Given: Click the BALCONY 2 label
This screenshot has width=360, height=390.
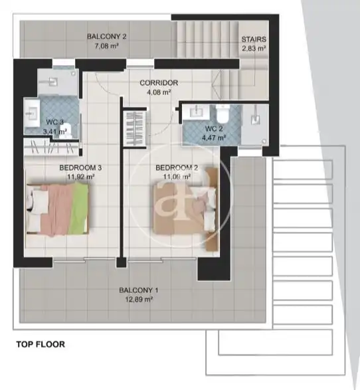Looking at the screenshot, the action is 107,37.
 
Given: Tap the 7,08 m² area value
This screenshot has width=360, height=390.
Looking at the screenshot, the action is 107,46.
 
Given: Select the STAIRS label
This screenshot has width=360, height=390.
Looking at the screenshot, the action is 254,39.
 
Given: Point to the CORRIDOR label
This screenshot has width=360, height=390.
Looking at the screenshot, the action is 159,83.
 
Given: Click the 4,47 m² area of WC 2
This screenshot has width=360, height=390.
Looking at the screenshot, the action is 214,138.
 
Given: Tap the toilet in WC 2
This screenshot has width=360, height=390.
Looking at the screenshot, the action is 223,113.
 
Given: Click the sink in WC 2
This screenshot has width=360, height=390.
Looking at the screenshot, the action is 197,111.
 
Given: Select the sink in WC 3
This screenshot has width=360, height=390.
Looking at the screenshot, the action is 32,113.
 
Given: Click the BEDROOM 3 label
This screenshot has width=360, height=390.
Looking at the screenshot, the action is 80,168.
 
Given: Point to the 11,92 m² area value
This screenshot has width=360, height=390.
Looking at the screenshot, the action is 80,177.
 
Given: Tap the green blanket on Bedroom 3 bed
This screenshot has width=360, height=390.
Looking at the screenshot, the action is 79,209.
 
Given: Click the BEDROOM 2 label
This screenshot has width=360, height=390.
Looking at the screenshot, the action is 177,168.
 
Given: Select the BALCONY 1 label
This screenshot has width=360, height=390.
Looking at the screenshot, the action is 138,290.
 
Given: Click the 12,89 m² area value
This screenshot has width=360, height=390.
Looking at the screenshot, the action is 138,300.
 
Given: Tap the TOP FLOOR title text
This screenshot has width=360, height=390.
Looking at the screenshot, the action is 41,344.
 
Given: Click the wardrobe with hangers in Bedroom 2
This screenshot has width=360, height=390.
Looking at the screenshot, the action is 135,129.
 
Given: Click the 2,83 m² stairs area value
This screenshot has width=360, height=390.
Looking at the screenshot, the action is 254,49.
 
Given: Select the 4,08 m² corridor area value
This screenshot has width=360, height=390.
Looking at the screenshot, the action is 159,92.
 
